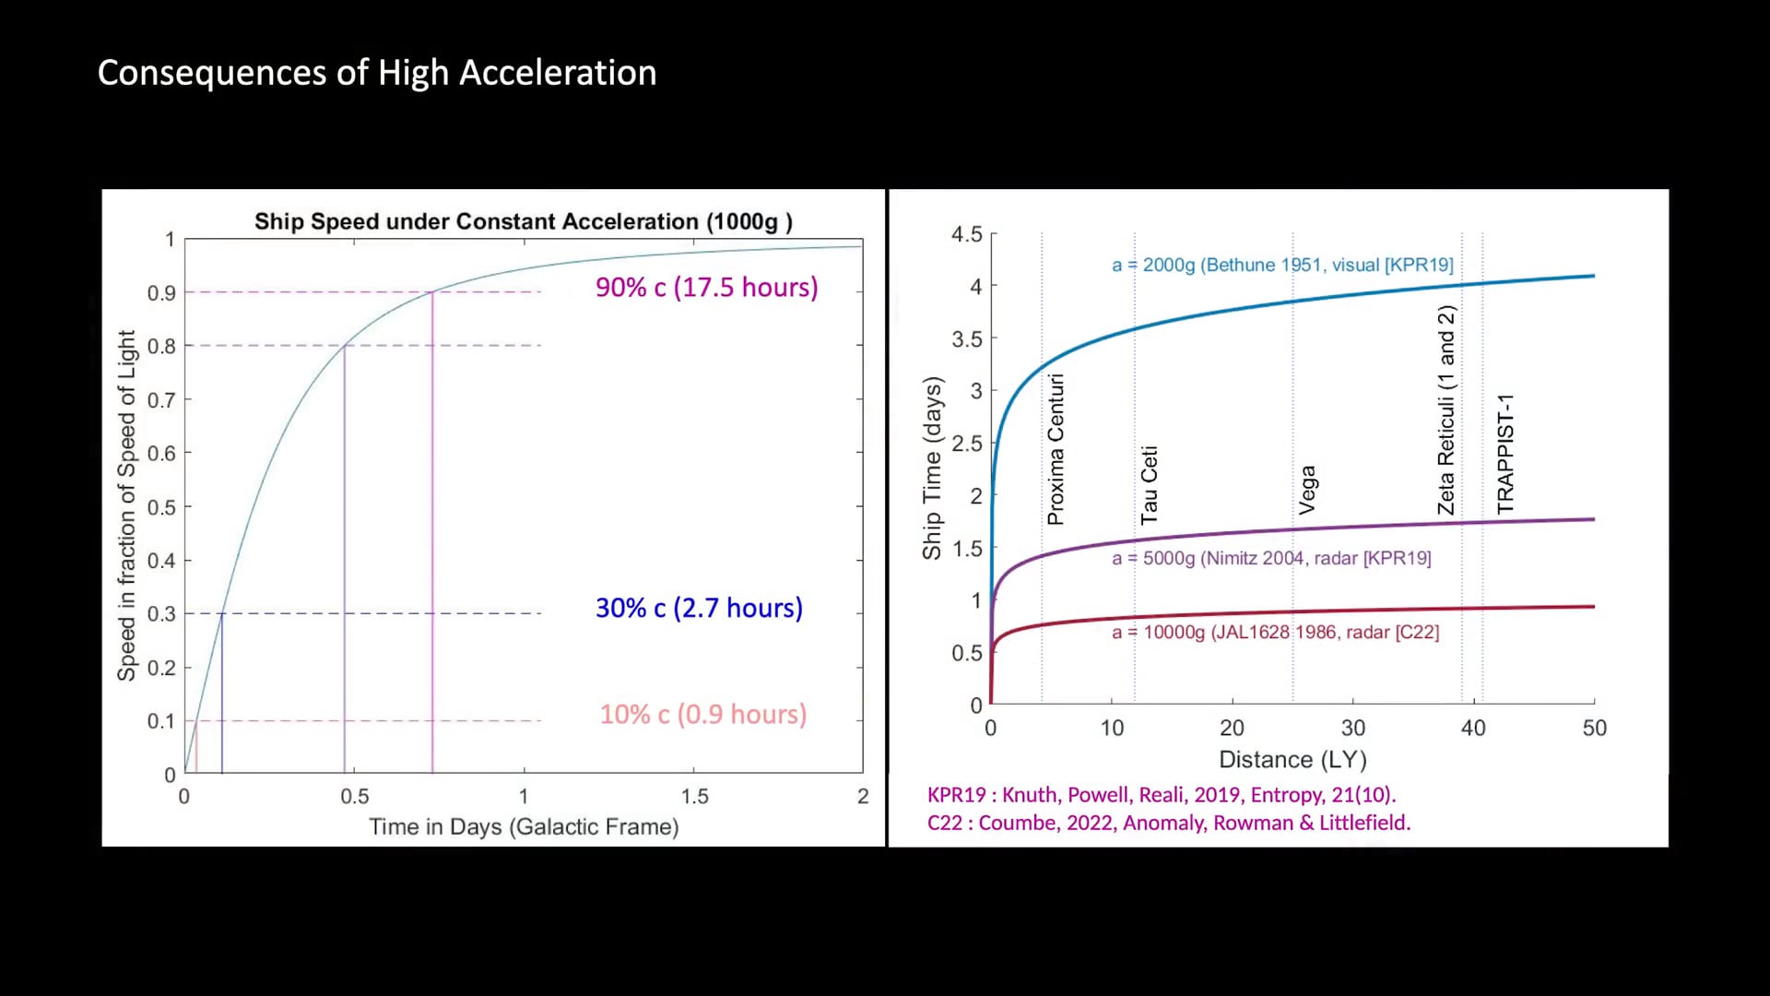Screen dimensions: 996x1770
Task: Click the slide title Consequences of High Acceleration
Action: pyautogui.click(x=376, y=73)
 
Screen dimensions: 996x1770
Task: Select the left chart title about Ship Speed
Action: pyautogui.click(x=523, y=221)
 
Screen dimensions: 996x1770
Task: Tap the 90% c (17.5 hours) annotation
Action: pyautogui.click(x=706, y=287)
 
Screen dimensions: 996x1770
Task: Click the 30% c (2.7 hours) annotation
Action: pyautogui.click(x=699, y=608)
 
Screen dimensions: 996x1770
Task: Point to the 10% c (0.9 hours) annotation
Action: pyautogui.click(x=702, y=714)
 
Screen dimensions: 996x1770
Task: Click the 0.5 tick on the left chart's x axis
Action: pyautogui.click(x=354, y=796)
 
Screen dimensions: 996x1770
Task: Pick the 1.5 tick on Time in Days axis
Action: pyautogui.click(x=694, y=796)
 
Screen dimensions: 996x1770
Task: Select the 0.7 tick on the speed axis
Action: pyautogui.click(x=161, y=400)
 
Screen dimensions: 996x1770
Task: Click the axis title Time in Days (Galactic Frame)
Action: pyautogui.click(x=524, y=826)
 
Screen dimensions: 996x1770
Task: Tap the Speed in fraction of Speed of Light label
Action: pyautogui.click(x=126, y=505)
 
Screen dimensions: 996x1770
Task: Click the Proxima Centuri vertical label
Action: pyautogui.click(x=1056, y=449)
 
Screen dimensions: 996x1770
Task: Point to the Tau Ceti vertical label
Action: pyautogui.click(x=1149, y=485)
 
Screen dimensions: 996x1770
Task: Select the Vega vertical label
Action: pyautogui.click(x=1307, y=490)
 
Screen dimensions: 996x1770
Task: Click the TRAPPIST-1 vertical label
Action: pyautogui.click(x=1505, y=453)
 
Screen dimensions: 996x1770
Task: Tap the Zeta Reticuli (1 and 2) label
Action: pyautogui.click(x=1446, y=410)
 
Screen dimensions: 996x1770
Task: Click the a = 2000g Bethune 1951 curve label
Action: pyautogui.click(x=1281, y=265)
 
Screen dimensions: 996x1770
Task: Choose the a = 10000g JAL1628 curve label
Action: pyautogui.click(x=1275, y=632)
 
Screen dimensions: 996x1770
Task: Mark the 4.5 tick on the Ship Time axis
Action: pyautogui.click(x=966, y=234)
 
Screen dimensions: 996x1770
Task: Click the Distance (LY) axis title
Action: pyautogui.click(x=1292, y=759)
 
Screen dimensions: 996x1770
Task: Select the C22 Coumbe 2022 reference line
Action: pyautogui.click(x=1168, y=823)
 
